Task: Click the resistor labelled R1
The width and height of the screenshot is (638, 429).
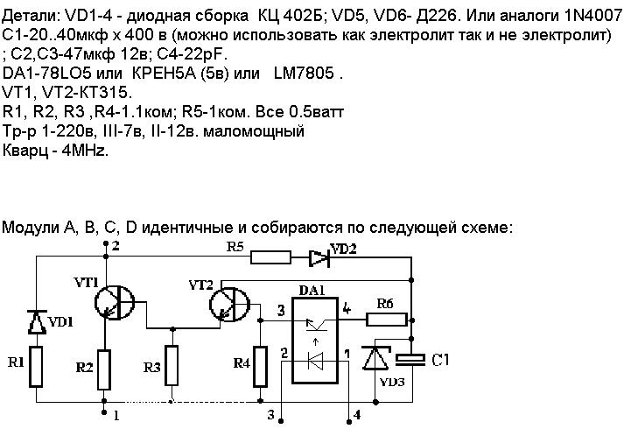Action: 37,367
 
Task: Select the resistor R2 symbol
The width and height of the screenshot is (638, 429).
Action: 105,369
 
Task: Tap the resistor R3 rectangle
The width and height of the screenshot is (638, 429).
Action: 172,366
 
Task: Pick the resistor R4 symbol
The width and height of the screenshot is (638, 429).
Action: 260,366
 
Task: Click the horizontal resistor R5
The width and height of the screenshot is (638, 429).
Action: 270,257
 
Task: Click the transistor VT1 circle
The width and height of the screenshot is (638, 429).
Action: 113,302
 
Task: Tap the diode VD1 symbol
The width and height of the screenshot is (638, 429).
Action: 37,321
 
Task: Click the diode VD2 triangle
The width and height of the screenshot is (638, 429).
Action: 319,257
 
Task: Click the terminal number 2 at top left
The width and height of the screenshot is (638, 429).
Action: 115,244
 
